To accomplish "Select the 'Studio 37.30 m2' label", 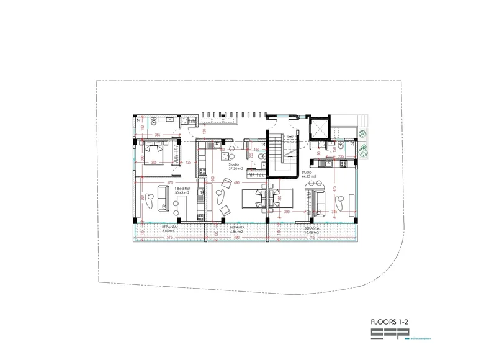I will (x=235, y=167).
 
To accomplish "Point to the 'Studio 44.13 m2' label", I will (x=308, y=174).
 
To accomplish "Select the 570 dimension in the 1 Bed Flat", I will (x=169, y=183).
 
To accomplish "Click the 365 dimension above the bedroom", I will (x=158, y=135).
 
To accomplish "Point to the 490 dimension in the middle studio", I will (x=236, y=183).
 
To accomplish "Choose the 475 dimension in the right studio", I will (x=334, y=189).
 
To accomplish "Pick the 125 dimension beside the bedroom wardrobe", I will (x=188, y=163).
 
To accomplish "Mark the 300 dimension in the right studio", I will (x=287, y=212).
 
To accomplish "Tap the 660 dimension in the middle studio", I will (x=213, y=179).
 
